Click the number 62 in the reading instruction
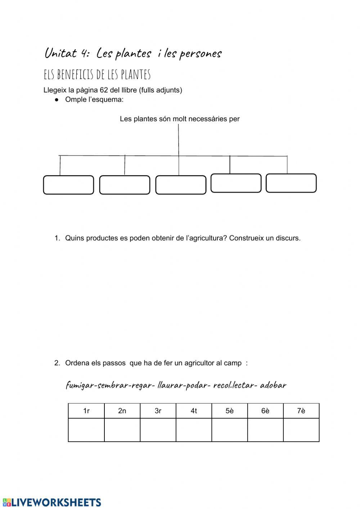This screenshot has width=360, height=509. [104, 90]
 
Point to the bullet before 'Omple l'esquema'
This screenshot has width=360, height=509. [56, 100]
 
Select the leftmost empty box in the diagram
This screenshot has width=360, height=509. [68, 185]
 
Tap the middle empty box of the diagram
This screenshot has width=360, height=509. [181, 185]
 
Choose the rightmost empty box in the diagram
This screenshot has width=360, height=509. [291, 183]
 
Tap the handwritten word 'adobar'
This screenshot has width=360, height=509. [273, 385]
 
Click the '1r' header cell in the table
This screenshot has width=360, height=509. [86, 411]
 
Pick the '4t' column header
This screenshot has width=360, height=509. [194, 411]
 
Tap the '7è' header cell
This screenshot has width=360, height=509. [301, 411]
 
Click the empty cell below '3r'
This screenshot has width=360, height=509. [158, 430]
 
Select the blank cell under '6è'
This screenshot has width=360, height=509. [265, 430]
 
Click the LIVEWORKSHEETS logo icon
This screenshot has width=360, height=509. [6, 503]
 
